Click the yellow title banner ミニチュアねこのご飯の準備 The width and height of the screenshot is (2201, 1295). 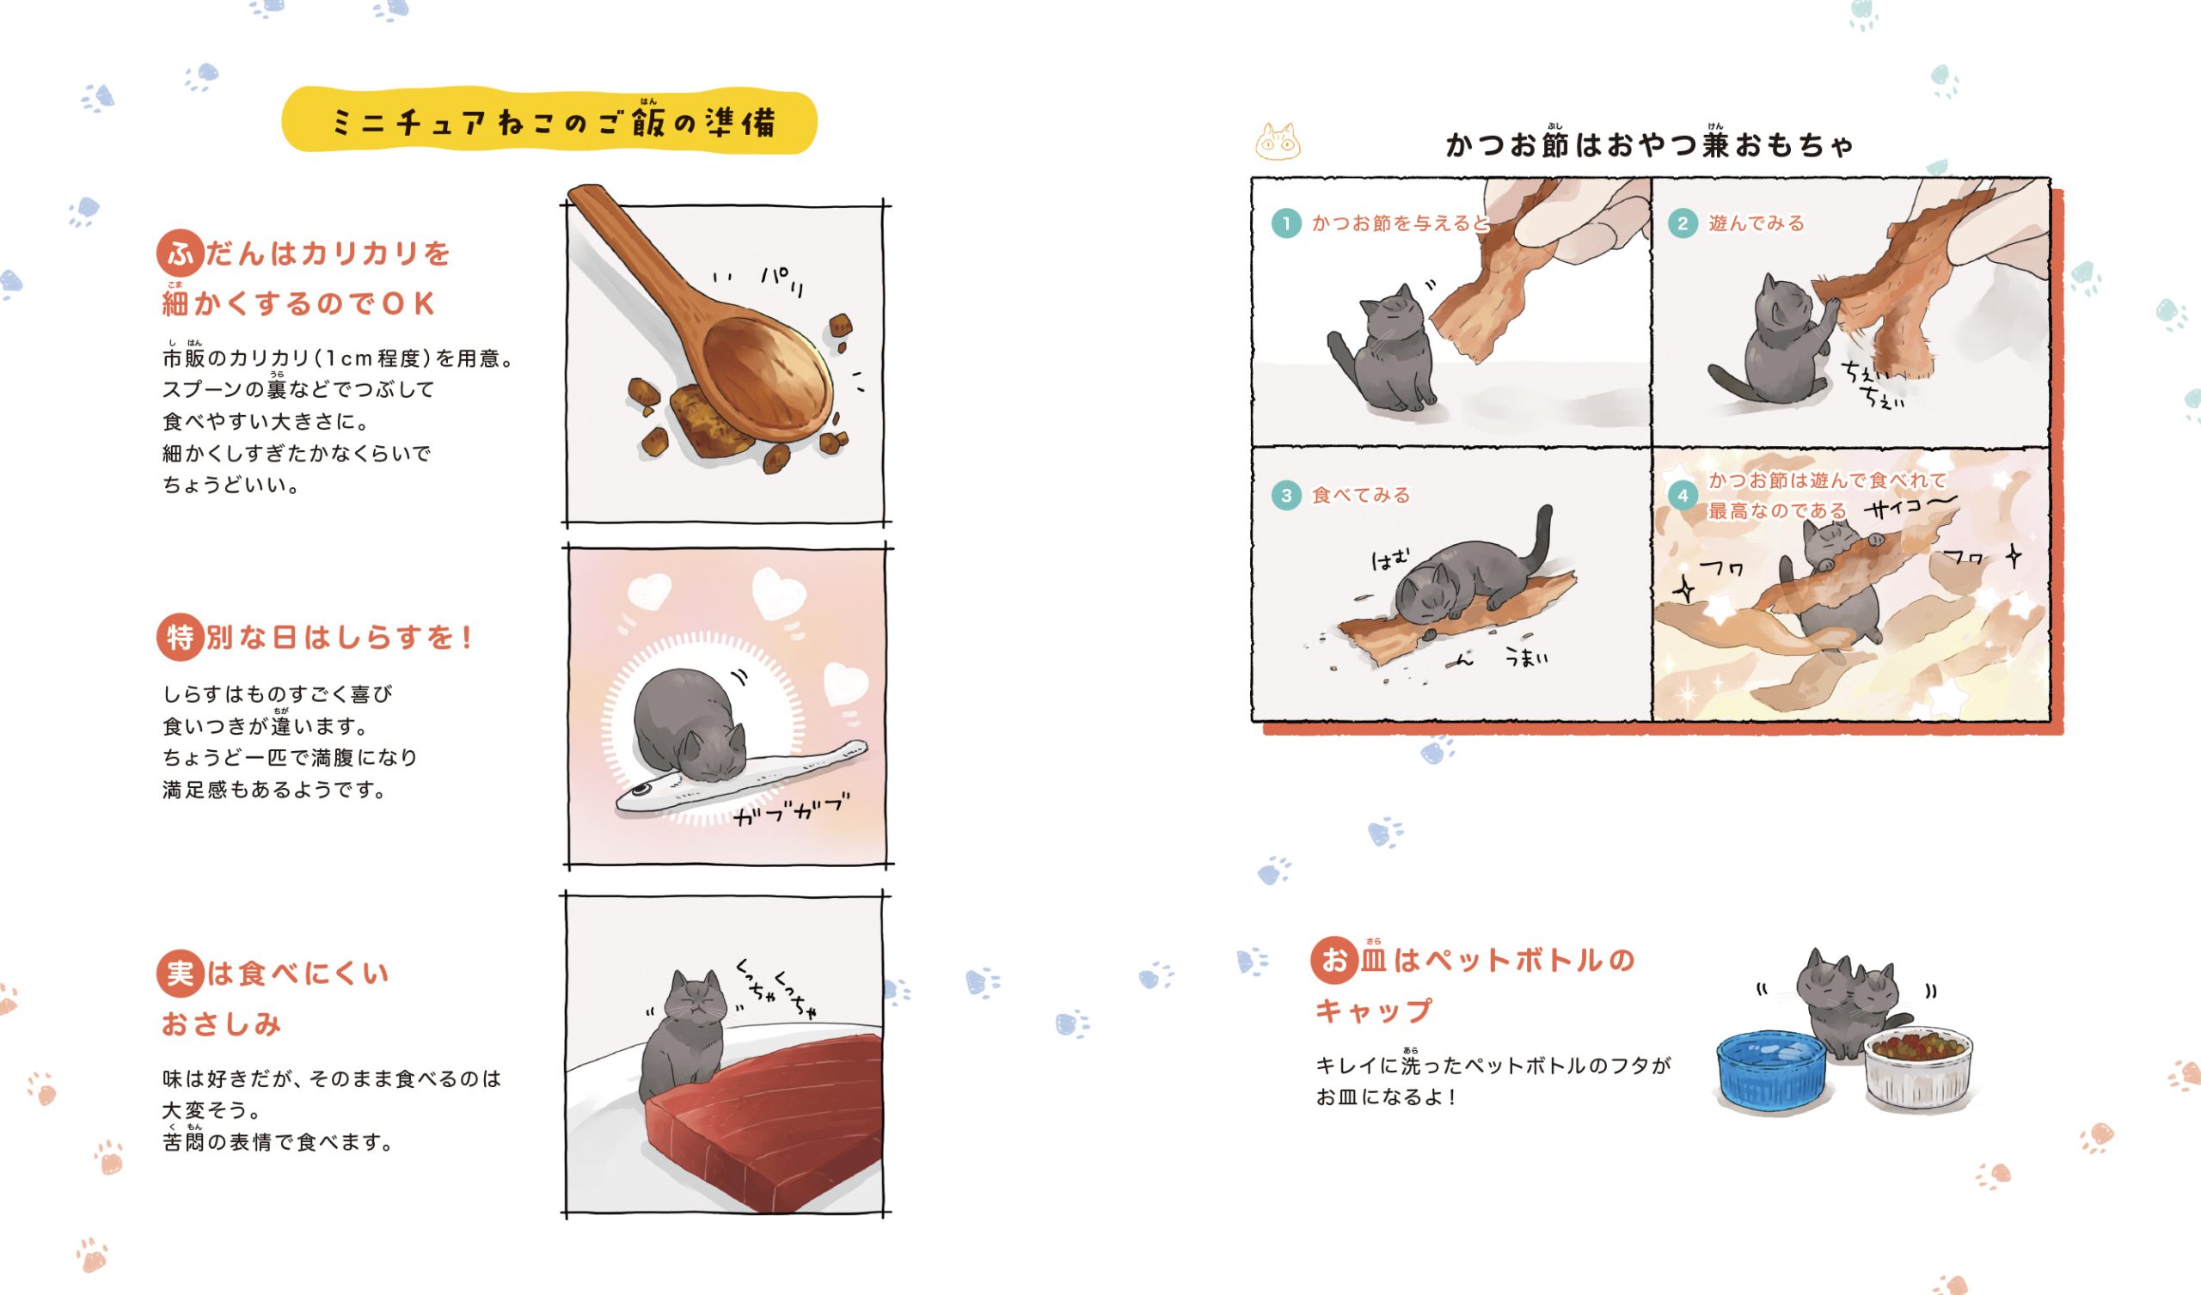coord(549,120)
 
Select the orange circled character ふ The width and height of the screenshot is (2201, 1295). coord(180,254)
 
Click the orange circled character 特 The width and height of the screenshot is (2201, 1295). coord(180,637)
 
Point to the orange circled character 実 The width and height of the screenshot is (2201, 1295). coord(180,974)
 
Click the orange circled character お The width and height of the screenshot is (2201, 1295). coord(1333,960)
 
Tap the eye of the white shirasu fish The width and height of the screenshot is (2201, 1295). coord(641,790)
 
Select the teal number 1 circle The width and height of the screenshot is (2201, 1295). coord(1286,223)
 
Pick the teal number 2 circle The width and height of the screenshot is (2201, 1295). coord(1683,223)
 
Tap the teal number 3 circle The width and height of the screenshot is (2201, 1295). coord(1286,495)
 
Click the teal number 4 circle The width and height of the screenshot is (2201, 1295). coord(1683,495)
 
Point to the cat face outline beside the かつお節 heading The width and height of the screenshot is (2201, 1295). coord(1278,142)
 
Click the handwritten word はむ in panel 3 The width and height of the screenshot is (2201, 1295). coord(1390,559)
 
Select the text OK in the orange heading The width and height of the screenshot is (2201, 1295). coord(408,303)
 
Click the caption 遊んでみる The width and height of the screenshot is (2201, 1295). coord(1757,223)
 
